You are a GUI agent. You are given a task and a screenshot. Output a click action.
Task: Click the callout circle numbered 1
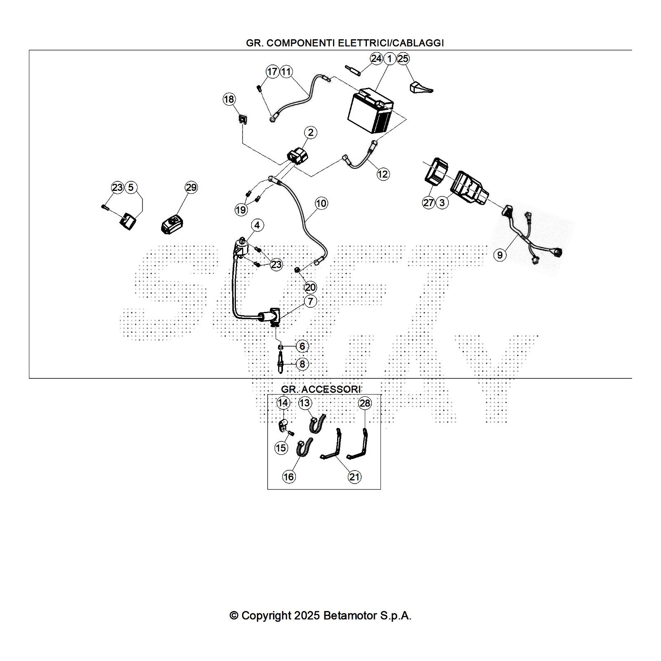[x=389, y=59]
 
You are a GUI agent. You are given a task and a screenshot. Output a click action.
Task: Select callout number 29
[x=191, y=188]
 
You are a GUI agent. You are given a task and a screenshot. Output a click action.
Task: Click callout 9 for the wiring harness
[x=500, y=255]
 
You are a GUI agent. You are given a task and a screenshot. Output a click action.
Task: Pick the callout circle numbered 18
[x=229, y=99]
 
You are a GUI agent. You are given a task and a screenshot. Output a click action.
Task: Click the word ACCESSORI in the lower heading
[x=331, y=389]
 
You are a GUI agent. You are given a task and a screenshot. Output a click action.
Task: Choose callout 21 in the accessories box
[x=354, y=477]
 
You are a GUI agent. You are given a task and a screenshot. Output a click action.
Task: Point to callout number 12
[x=383, y=174]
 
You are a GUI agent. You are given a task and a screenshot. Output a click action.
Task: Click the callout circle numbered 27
[x=429, y=203]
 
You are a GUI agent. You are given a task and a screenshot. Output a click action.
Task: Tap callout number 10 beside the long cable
[x=321, y=203]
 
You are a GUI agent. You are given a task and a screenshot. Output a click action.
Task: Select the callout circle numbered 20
[x=310, y=287]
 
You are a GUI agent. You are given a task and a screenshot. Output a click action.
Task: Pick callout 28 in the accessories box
[x=365, y=403]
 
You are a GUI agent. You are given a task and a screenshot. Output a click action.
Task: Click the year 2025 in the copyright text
[x=307, y=616]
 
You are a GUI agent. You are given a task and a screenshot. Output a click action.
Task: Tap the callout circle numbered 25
[x=403, y=59]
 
